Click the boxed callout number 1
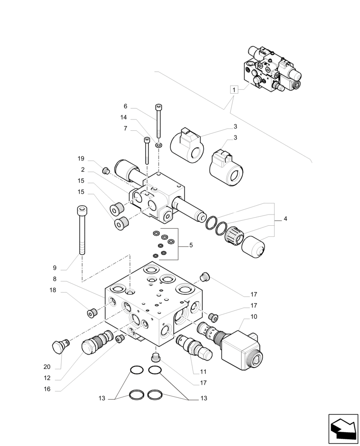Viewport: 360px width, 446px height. click(233, 90)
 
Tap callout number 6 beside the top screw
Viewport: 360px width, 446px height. click(126, 106)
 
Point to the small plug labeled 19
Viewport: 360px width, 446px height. click(106, 170)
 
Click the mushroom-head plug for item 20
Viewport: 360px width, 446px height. click(59, 346)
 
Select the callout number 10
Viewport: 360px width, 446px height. click(254, 317)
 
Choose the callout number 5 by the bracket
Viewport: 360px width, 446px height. click(191, 245)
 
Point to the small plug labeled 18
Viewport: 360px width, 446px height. click(91, 313)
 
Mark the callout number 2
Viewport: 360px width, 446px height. click(83, 170)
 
